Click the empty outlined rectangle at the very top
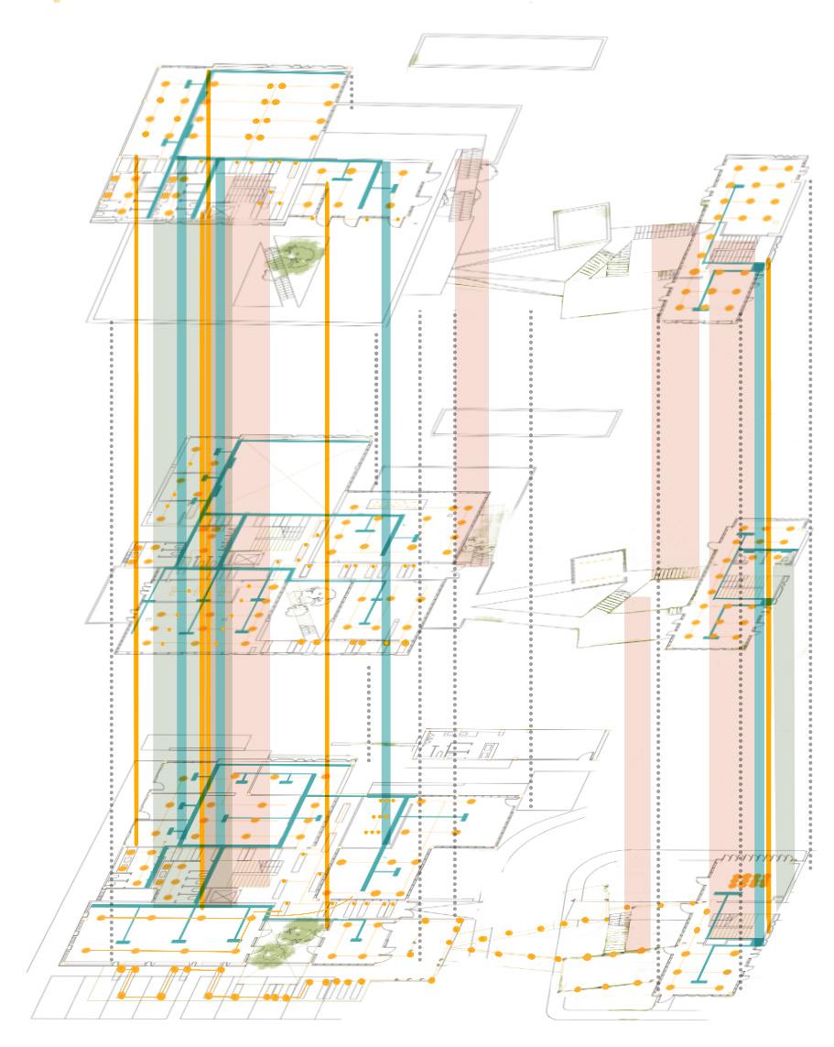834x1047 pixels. pyautogui.click(x=511, y=51)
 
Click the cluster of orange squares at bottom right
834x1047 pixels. pyautogui.click(x=748, y=881)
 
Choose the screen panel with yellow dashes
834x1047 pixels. pyautogui.click(x=598, y=568)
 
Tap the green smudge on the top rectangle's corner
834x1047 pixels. pyautogui.click(x=415, y=60)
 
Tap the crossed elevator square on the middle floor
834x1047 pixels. pyautogui.click(x=223, y=559)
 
